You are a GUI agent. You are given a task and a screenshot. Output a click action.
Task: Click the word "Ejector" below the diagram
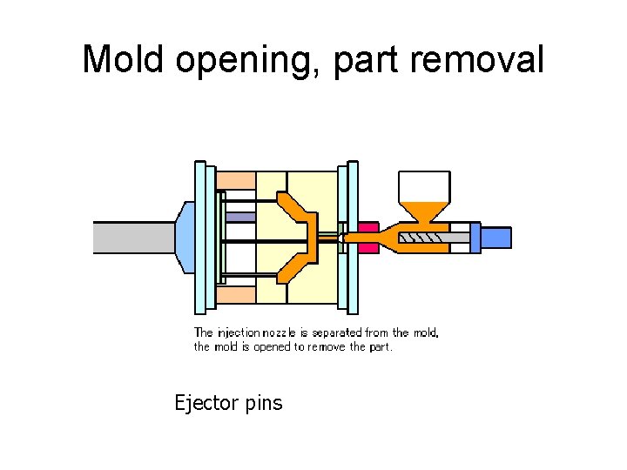206,403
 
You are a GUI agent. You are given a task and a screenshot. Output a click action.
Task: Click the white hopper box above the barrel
424,185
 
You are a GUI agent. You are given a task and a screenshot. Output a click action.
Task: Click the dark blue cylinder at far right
496,238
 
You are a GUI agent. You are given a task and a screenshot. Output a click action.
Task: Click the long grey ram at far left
135,237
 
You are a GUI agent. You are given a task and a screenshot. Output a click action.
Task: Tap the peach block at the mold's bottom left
235,295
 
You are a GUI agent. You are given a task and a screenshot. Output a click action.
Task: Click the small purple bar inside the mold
240,217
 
